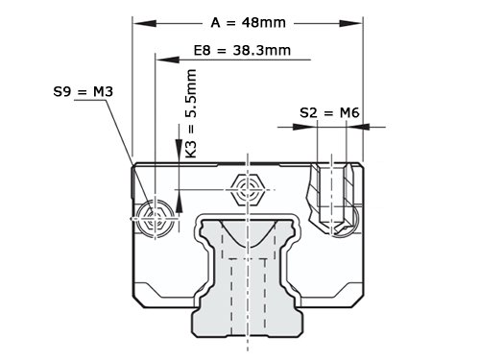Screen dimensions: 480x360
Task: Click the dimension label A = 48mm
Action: pyautogui.click(x=248, y=23)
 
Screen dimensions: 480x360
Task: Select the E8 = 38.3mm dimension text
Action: pyautogui.click(x=242, y=51)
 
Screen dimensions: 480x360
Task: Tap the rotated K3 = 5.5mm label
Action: pyautogui.click(x=191, y=113)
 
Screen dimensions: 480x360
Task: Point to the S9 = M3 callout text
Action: pyautogui.click(x=84, y=92)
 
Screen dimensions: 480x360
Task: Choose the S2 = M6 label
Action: pyautogui.click(x=329, y=112)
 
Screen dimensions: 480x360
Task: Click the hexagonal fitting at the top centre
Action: pyautogui.click(x=248, y=190)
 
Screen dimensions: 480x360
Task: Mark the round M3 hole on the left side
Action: pyautogui.click(x=156, y=219)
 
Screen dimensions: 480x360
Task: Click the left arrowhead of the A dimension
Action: pyautogui.click(x=145, y=23)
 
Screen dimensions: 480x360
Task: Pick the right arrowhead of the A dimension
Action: pyautogui.click(x=351, y=23)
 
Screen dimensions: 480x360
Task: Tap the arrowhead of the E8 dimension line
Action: pyautogui.click(x=167, y=60)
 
